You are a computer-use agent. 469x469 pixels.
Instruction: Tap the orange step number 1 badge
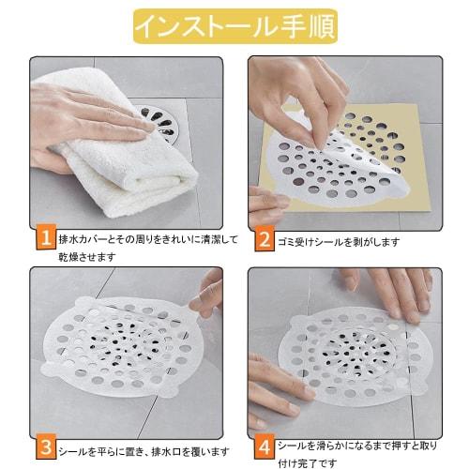tap(45, 241)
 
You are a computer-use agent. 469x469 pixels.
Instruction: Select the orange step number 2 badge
tap(262, 241)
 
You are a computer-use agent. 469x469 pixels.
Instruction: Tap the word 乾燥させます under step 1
tap(85, 256)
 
